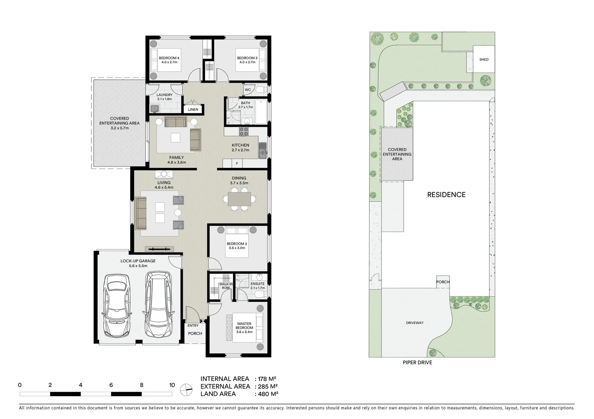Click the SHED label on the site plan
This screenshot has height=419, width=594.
point(484,59)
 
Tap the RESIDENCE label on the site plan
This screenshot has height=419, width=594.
point(446,195)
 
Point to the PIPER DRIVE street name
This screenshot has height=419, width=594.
point(417,363)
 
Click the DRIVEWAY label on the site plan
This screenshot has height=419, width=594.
point(415,323)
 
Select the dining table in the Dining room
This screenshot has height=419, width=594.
point(239,199)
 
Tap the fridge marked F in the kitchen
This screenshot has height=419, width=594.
point(237,163)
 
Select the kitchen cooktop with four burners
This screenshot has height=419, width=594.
point(244,132)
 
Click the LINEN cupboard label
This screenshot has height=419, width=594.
point(193,109)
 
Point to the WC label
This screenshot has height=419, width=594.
point(248,90)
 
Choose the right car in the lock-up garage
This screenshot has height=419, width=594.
point(159,305)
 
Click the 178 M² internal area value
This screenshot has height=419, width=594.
point(267,379)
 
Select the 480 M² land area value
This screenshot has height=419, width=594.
point(267,394)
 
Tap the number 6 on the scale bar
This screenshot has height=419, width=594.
point(111,385)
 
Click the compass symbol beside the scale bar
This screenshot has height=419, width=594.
point(186,389)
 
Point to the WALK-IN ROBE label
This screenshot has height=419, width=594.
point(226,286)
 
